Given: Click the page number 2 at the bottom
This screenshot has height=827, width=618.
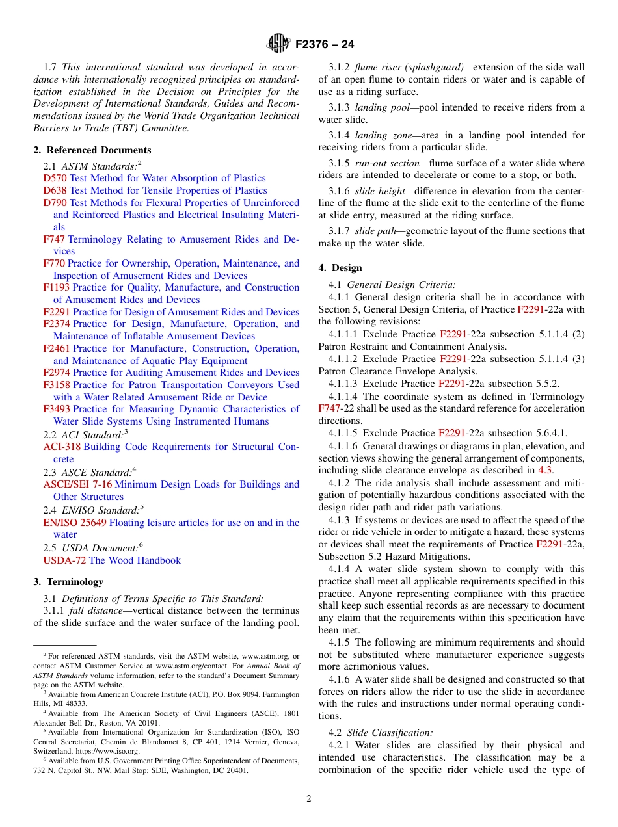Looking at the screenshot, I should [x=309, y=798].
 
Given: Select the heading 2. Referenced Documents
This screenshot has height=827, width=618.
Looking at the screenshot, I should [x=92, y=150].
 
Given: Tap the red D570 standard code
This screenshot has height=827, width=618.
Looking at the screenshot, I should [x=55, y=178].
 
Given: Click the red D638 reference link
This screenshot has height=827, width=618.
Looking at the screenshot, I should [x=55, y=190].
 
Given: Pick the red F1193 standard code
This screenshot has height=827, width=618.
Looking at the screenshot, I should [x=56, y=287].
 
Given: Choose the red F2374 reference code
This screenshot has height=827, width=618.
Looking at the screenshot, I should [x=57, y=324].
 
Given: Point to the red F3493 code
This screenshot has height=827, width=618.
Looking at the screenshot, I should [x=57, y=409].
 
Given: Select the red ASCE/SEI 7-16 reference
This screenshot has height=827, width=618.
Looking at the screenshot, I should [x=77, y=484].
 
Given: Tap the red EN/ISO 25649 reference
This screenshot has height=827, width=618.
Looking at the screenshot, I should [x=75, y=523].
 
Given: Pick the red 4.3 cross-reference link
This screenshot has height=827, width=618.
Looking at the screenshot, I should [x=545, y=470].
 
